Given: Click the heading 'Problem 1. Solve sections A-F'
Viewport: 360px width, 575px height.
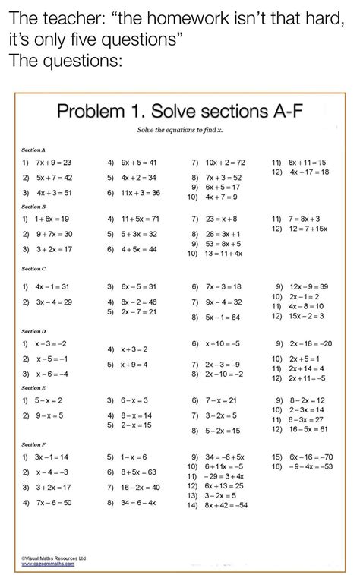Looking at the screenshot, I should click(180, 112).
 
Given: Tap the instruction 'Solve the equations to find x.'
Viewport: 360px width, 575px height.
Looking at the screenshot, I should click(180, 131).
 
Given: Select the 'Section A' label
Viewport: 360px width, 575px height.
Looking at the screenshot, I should click(33, 150).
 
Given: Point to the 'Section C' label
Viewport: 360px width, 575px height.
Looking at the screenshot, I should click(33, 269).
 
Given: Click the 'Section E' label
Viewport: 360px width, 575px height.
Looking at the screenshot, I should click(33, 387).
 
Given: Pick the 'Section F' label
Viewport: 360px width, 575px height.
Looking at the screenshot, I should click(33, 443).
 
